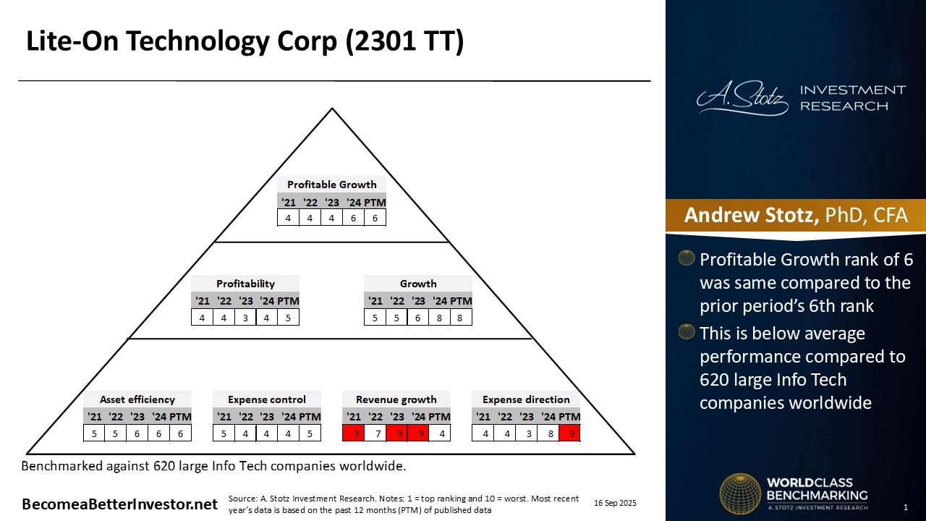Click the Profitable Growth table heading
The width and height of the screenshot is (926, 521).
click(x=331, y=185)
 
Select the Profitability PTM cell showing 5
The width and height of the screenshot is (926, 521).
click(x=288, y=317)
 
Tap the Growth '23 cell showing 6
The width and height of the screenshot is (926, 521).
click(x=417, y=317)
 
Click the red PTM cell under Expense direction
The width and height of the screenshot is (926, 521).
click(x=569, y=433)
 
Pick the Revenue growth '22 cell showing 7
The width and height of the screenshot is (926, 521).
click(x=375, y=433)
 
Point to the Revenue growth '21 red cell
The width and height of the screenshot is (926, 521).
click(x=353, y=433)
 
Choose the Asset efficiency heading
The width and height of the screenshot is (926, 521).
click(x=137, y=399)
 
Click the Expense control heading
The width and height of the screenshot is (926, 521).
click(x=267, y=399)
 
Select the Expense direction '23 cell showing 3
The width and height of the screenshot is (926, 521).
click(x=526, y=433)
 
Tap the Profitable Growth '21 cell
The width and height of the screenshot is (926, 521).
click(x=288, y=217)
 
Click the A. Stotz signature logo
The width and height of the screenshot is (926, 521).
click(x=743, y=98)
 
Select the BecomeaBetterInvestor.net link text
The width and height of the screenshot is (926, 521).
click(x=119, y=504)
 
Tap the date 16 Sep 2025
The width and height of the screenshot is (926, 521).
click(x=615, y=503)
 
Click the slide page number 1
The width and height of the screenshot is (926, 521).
click(x=905, y=507)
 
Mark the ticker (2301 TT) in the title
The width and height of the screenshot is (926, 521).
click(x=404, y=42)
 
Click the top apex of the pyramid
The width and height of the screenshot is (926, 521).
click(x=332, y=109)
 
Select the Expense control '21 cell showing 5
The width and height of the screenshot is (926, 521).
click(x=224, y=433)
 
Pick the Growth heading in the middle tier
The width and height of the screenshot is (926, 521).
click(x=418, y=284)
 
